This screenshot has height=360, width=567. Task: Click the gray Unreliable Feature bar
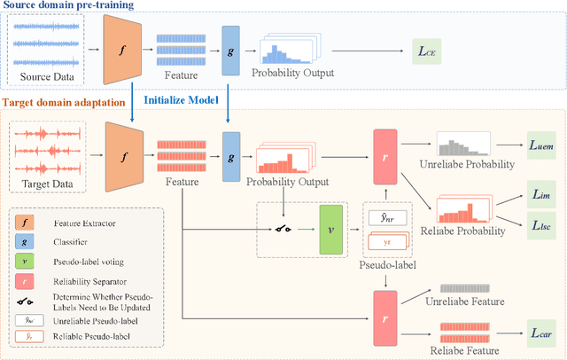pyautogui.click(x=462, y=289)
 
